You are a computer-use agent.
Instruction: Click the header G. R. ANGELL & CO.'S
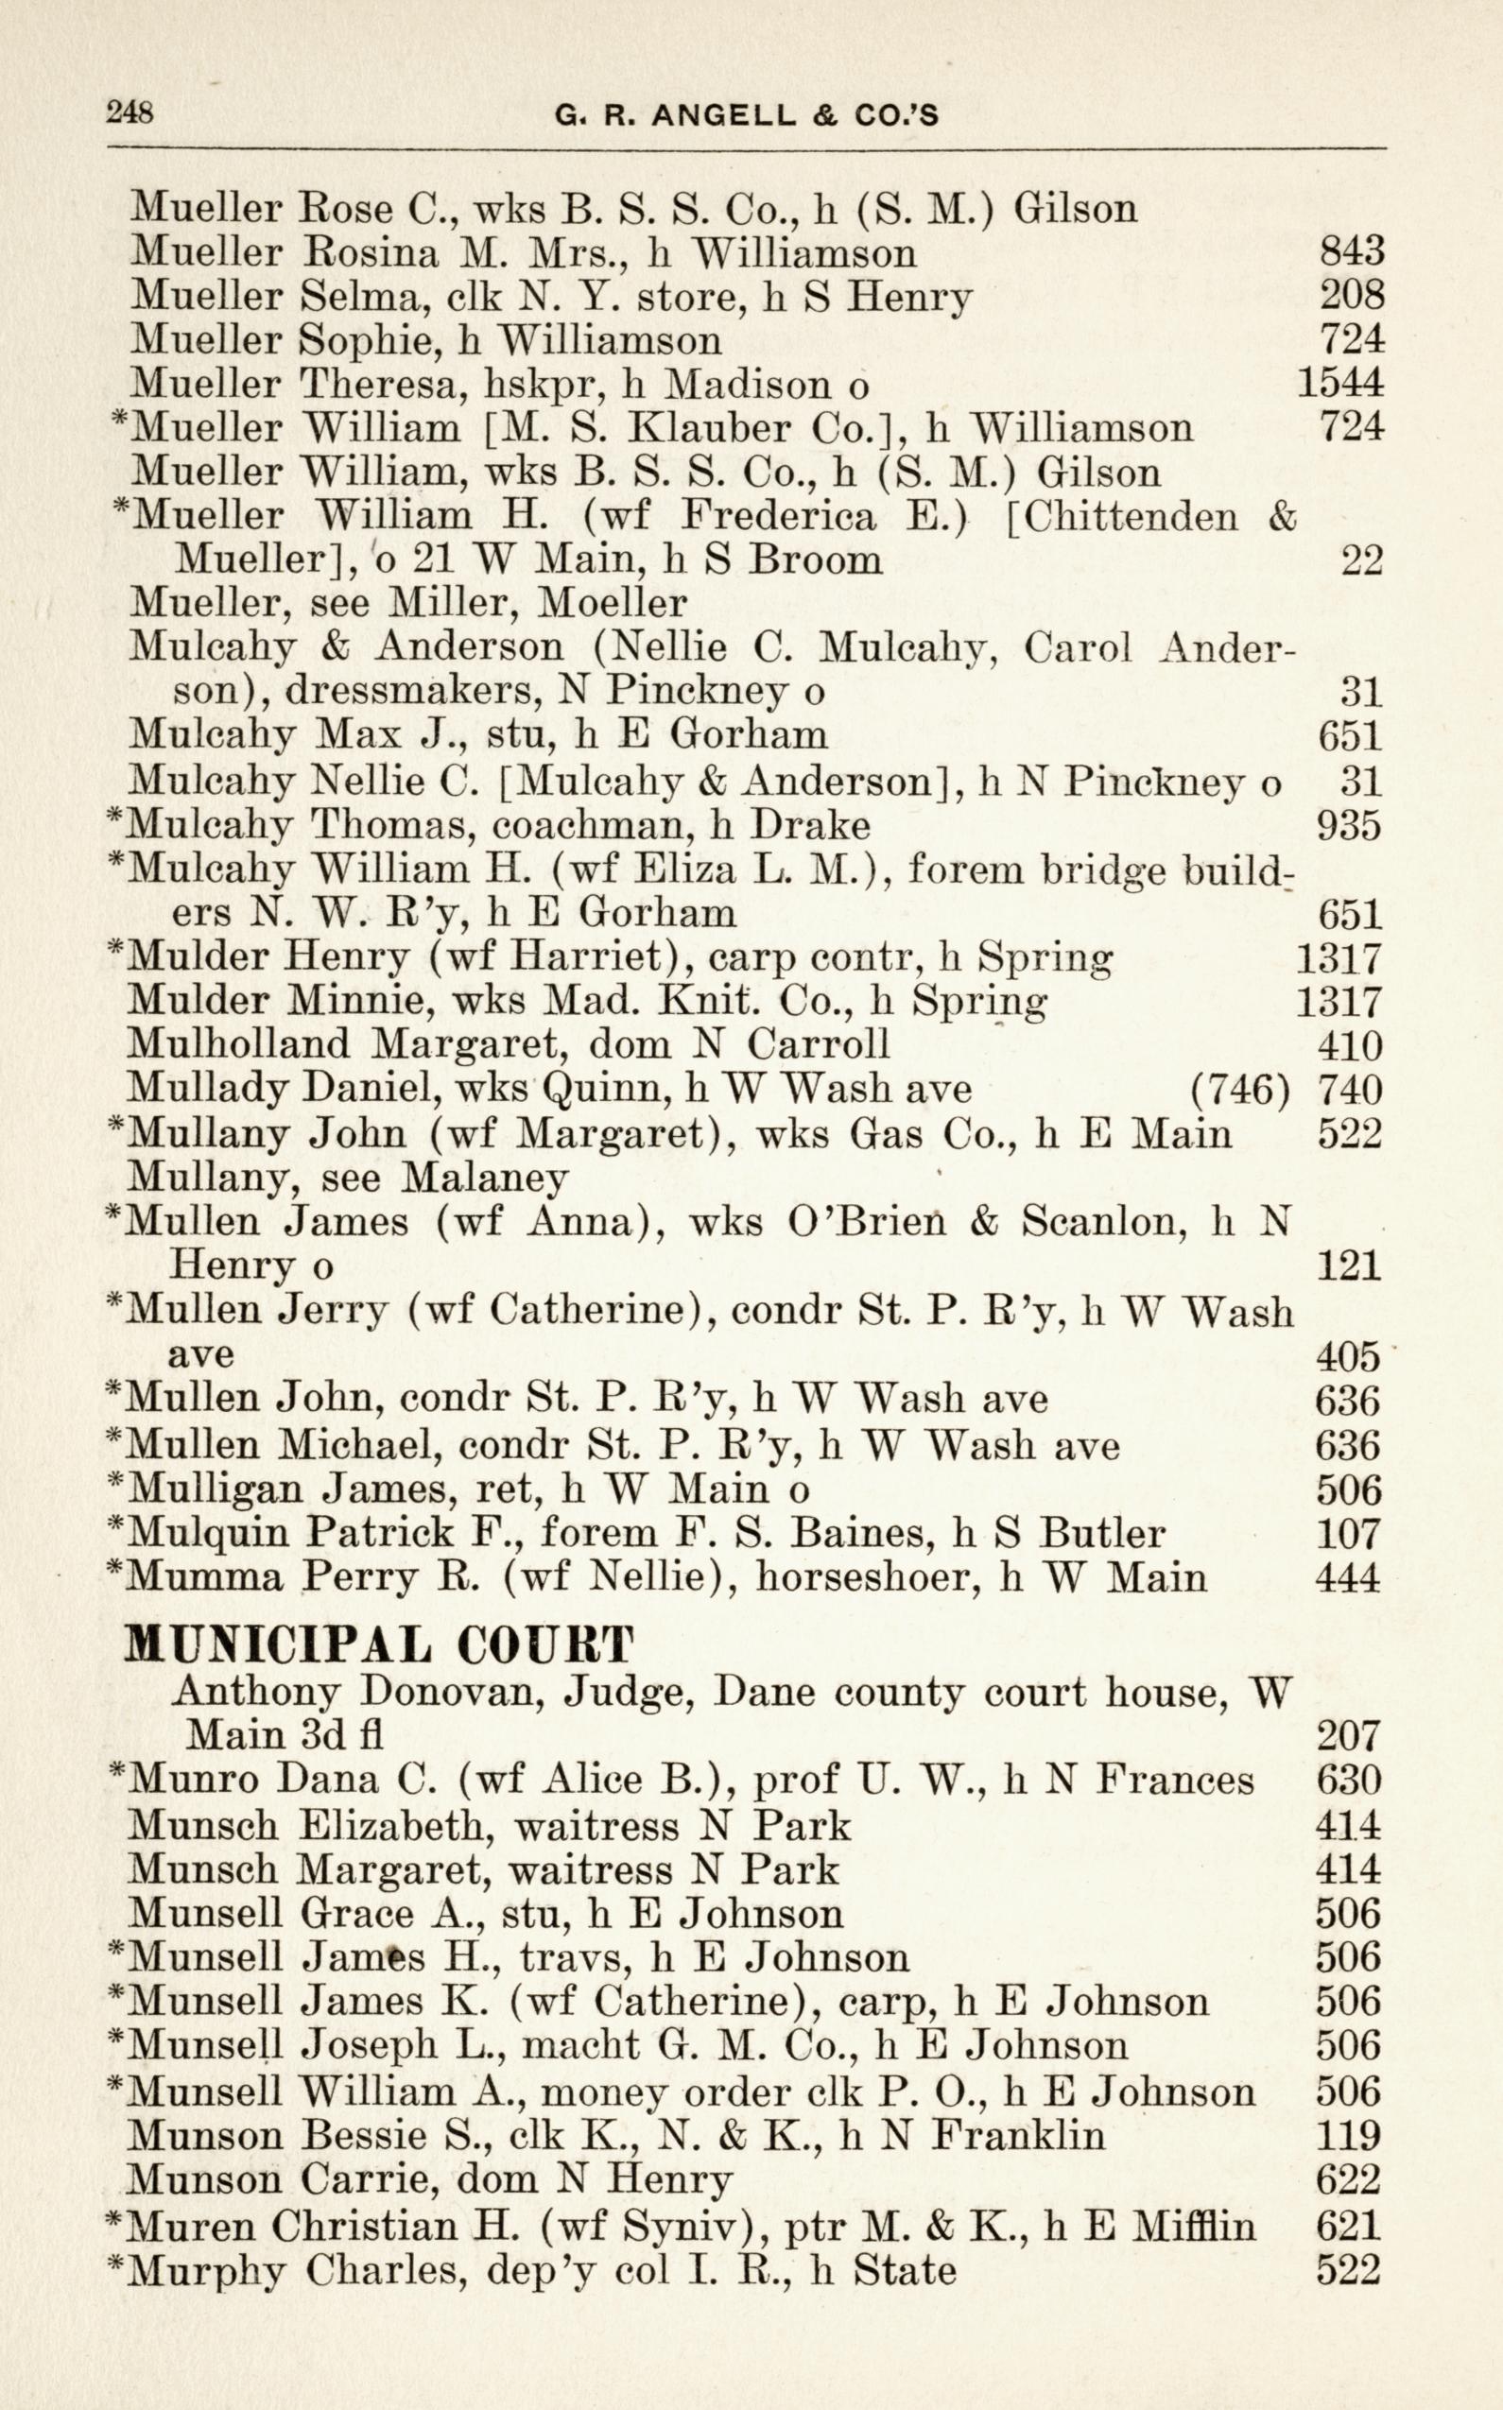pos(746,116)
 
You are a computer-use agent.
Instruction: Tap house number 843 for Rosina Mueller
pos(1351,252)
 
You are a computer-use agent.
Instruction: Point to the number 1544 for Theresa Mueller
pos(1340,384)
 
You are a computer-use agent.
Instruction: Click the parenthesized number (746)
pos(1238,1091)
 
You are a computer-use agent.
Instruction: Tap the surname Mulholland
pos(238,1044)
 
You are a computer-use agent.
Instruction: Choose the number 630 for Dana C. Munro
pos(1349,1780)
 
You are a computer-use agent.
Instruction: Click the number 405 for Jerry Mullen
pos(1349,1355)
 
